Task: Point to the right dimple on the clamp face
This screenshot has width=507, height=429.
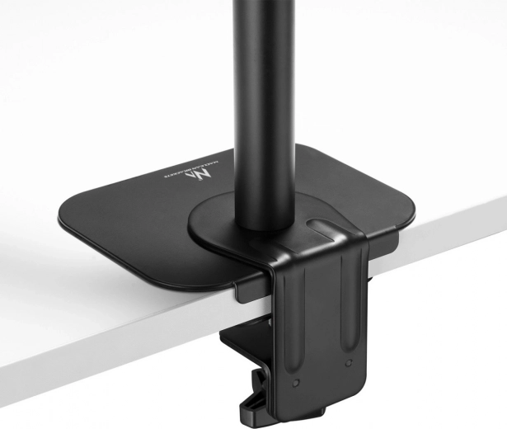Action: (x=349, y=362)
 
